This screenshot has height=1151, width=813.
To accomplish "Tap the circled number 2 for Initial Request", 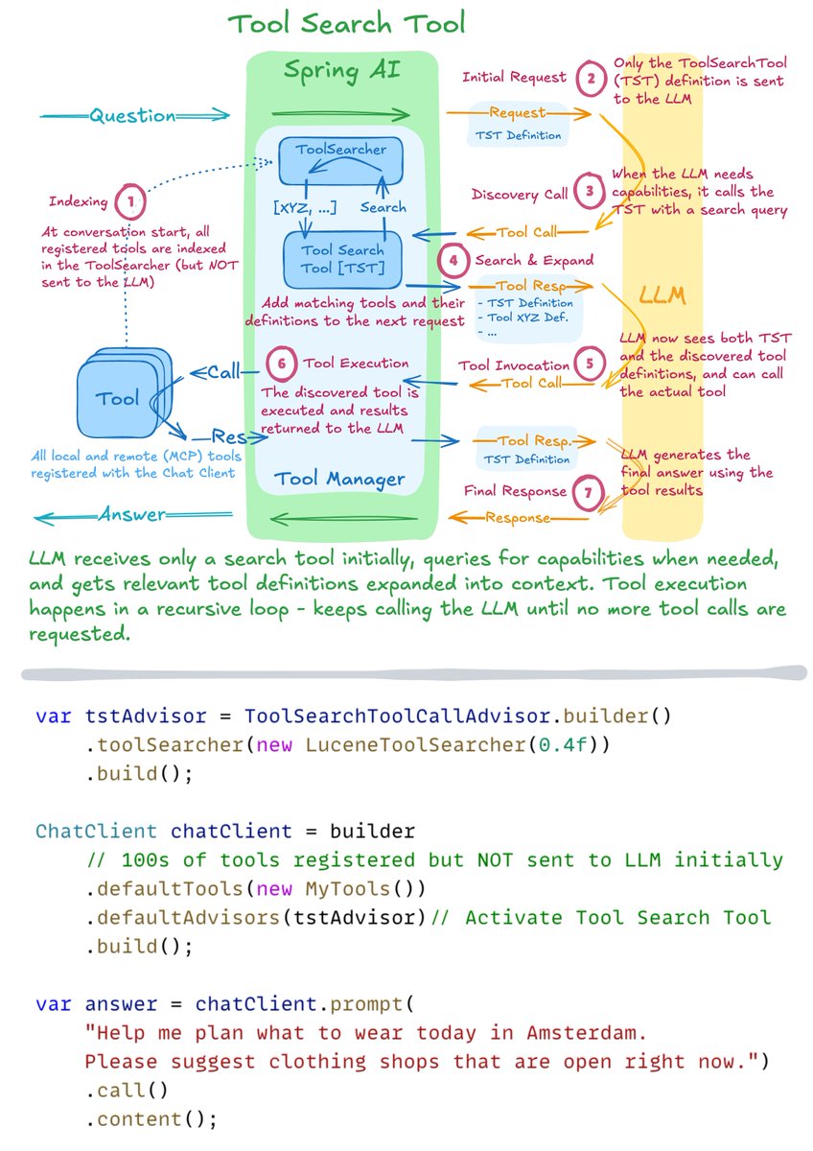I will (592, 79).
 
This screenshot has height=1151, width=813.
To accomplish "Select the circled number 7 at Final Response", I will (589, 493).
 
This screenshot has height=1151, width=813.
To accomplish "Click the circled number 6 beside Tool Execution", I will (280, 364).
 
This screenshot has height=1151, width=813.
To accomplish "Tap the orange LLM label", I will (663, 295).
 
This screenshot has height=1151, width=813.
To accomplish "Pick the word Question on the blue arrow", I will (132, 116).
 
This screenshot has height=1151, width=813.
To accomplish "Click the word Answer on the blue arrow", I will (132, 516).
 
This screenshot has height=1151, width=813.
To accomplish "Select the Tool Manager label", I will (339, 479).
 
